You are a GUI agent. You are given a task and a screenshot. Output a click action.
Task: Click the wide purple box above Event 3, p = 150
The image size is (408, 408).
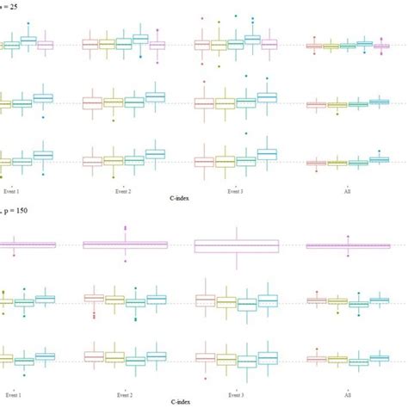coord(237,245)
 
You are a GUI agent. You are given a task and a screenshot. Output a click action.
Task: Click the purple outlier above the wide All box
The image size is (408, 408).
coord(348,233)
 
